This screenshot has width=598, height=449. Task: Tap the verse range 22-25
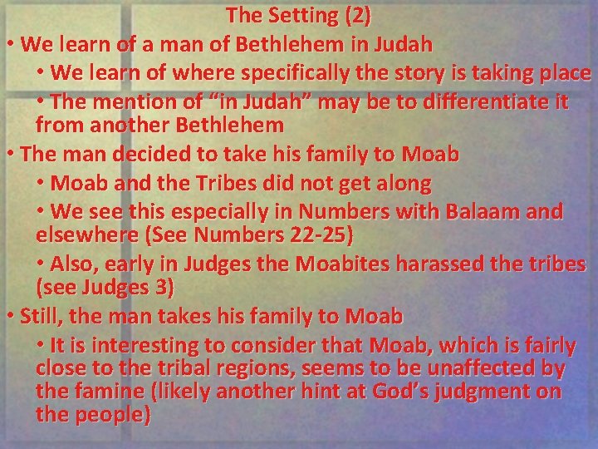tap(322, 234)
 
